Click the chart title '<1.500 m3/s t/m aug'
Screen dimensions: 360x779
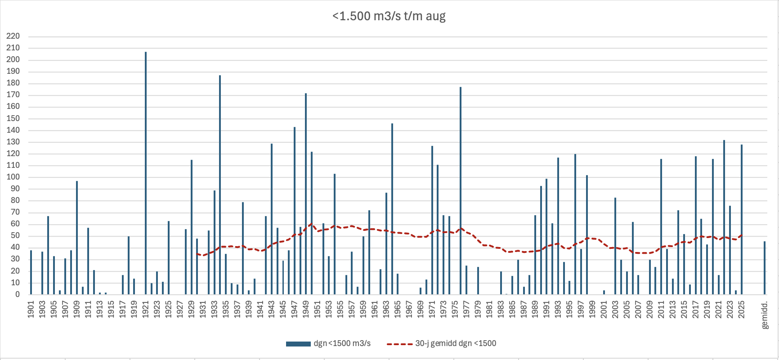click(x=389, y=16)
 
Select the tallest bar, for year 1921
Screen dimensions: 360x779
click(x=146, y=173)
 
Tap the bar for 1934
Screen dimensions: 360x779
click(x=220, y=184)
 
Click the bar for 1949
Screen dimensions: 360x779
click(x=306, y=193)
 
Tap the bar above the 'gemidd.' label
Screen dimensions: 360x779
click(x=765, y=268)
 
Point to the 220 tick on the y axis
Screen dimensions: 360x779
click(x=13, y=36)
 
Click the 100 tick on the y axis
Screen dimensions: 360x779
click(x=13, y=177)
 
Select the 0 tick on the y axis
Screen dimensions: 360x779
click(x=18, y=294)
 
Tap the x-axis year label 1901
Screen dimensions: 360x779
click(x=31, y=310)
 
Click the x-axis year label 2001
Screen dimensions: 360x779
click(x=604, y=310)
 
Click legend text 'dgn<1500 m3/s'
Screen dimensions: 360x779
click(x=342, y=343)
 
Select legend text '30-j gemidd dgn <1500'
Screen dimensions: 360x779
click(x=455, y=343)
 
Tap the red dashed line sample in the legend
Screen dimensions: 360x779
click(x=399, y=344)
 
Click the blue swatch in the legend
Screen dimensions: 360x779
click(x=298, y=344)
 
